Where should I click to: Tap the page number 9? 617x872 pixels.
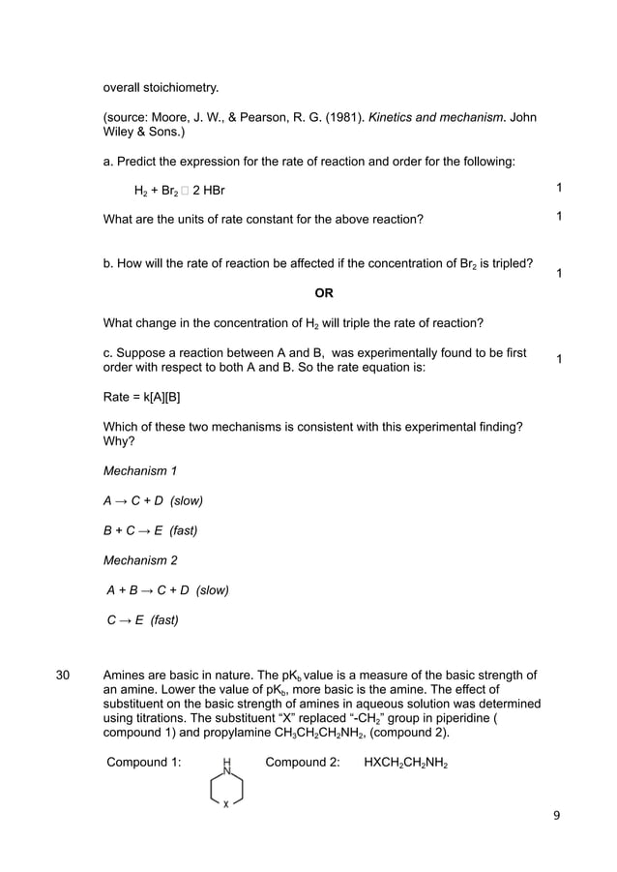(556, 815)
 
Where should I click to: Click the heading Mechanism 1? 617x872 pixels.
(140, 471)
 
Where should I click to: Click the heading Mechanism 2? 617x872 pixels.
(140, 559)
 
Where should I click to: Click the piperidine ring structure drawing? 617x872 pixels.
(226, 786)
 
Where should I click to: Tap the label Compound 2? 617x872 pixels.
(303, 763)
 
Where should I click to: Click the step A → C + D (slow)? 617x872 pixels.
(153, 500)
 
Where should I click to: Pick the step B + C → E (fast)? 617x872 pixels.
(153, 529)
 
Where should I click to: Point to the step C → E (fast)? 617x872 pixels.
(142, 619)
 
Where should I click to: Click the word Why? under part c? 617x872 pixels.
(119, 442)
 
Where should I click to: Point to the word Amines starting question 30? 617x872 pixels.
(126, 675)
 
